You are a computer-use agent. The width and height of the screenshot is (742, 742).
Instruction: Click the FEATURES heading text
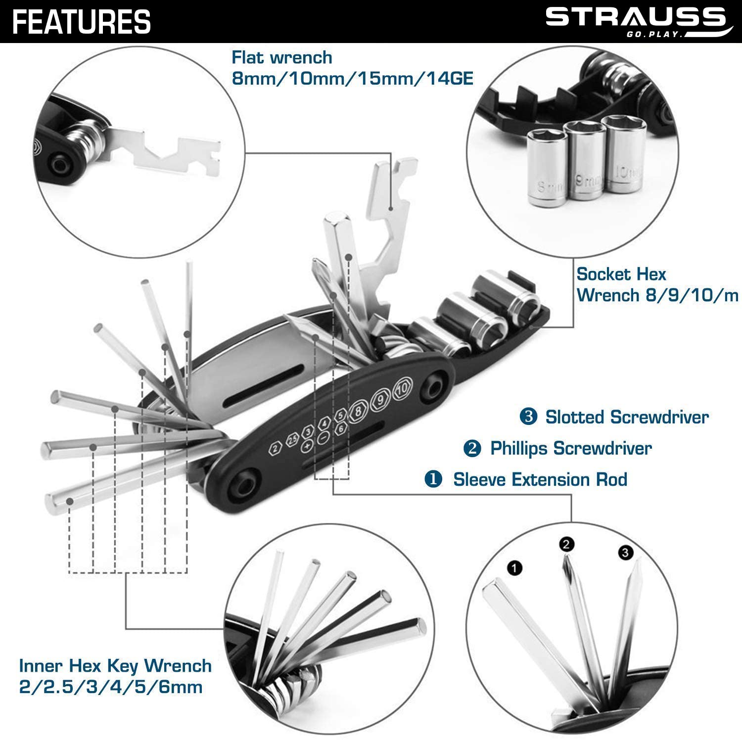82,22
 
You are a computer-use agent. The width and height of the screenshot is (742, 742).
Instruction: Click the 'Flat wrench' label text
282,57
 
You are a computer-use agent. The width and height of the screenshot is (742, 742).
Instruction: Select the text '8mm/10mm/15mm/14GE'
353,78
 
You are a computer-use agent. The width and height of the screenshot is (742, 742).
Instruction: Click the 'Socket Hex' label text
621,274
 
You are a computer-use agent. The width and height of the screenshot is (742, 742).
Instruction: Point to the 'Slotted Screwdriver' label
627,417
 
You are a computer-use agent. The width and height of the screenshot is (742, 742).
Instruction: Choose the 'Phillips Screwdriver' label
570,448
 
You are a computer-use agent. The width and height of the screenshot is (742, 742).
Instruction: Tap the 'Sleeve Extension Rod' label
540,479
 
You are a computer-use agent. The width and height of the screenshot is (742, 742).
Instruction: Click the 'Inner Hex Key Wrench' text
115,666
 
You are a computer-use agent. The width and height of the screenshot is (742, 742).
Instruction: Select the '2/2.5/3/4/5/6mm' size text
111,687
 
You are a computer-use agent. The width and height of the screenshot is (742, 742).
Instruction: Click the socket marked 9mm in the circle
586,163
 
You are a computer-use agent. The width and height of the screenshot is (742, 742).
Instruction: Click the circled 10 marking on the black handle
402,389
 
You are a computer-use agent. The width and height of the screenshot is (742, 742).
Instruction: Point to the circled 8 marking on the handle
357,413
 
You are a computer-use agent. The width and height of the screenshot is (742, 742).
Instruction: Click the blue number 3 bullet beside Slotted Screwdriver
528,417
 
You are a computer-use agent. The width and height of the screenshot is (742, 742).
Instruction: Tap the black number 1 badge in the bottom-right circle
514,568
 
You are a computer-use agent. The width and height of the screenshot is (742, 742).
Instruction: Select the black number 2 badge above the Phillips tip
566,545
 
